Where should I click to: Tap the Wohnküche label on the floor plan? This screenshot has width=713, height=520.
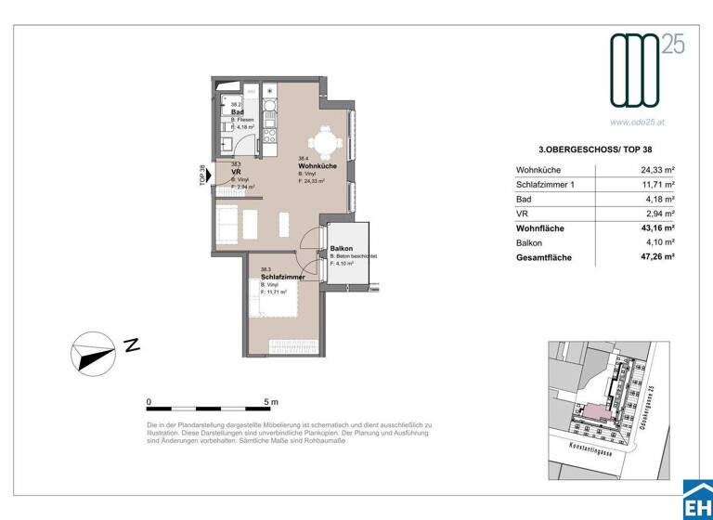(317, 166)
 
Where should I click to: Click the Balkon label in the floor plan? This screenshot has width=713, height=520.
(341, 249)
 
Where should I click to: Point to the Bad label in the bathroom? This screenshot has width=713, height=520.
(237, 112)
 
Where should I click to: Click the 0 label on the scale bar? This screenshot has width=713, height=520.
(149, 402)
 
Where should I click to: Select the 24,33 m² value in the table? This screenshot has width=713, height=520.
(655, 170)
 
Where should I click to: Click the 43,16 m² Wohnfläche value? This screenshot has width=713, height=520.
(655, 227)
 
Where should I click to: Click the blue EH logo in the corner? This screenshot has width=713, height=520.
(696, 502)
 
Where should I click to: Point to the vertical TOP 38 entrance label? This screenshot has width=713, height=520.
(201, 174)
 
